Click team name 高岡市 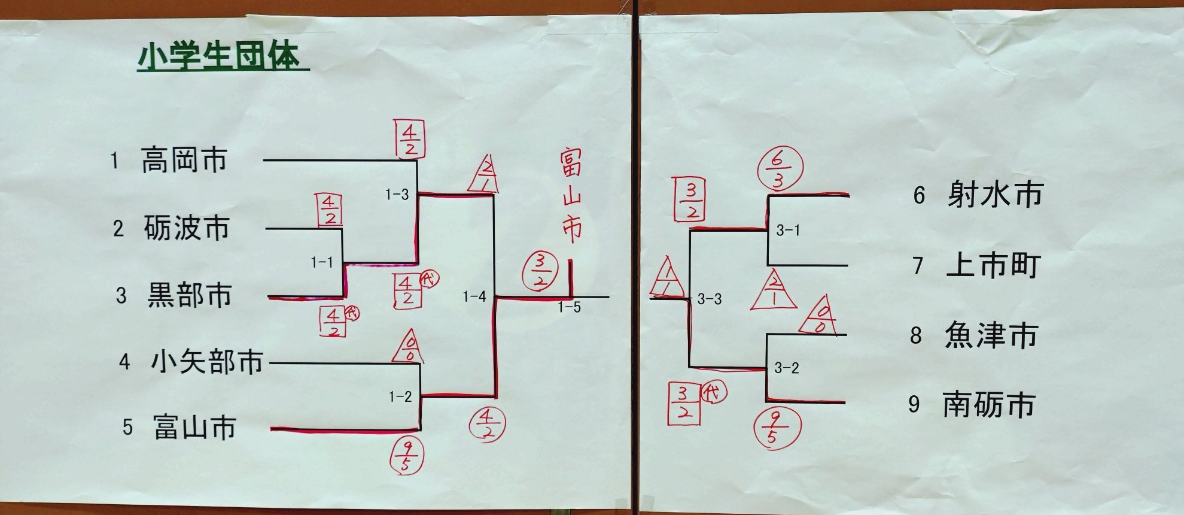point(184,160)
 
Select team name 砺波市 point(187,228)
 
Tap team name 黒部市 point(190,296)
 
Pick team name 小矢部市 point(207,362)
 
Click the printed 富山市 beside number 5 point(194,427)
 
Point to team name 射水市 point(995,195)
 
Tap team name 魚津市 point(991,335)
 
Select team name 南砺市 point(989,405)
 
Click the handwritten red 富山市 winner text point(571,196)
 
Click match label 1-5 point(569,308)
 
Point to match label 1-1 point(322,262)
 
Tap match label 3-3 point(709,299)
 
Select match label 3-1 point(787,231)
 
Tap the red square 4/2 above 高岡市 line point(409,139)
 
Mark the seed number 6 point(919,195)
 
